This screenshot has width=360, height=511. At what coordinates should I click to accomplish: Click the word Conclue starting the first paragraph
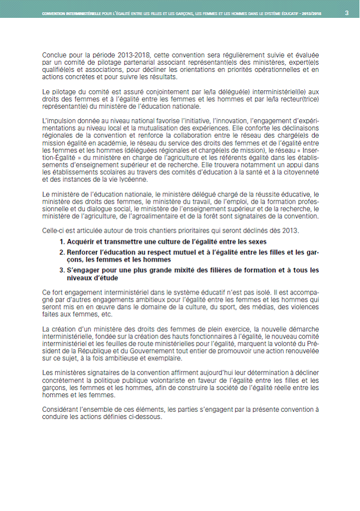click(x=55, y=55)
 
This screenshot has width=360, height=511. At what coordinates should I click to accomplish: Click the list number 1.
click(x=62, y=242)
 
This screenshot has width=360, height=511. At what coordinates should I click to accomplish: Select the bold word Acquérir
click(x=84, y=242)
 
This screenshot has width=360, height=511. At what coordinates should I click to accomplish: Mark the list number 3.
click(x=62, y=270)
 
